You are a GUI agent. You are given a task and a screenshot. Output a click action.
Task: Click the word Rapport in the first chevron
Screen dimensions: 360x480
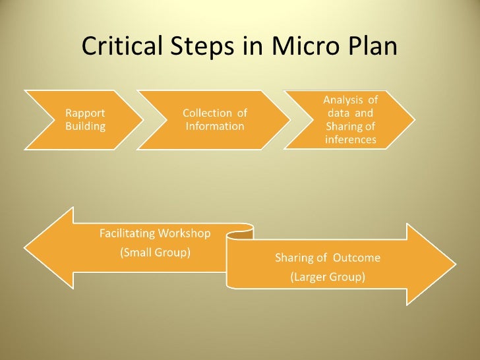coord(85,113)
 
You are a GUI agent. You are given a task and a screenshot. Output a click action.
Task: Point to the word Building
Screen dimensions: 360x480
coord(86,126)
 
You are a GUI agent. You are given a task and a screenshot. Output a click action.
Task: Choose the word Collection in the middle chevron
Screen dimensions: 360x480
coord(204,113)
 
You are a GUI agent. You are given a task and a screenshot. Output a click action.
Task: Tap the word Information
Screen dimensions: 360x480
coord(215,126)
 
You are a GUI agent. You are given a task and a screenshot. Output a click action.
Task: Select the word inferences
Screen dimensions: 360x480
coord(350,140)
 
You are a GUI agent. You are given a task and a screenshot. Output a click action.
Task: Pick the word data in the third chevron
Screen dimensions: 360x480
coord(339,113)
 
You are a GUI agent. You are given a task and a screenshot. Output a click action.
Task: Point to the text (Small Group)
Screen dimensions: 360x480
coord(155,253)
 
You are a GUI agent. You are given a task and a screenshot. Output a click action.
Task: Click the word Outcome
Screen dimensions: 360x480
coord(357,258)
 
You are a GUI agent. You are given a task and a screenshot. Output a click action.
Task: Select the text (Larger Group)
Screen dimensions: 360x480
coord(328,278)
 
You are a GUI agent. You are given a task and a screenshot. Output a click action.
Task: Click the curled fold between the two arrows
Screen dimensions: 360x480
coord(240,231)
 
